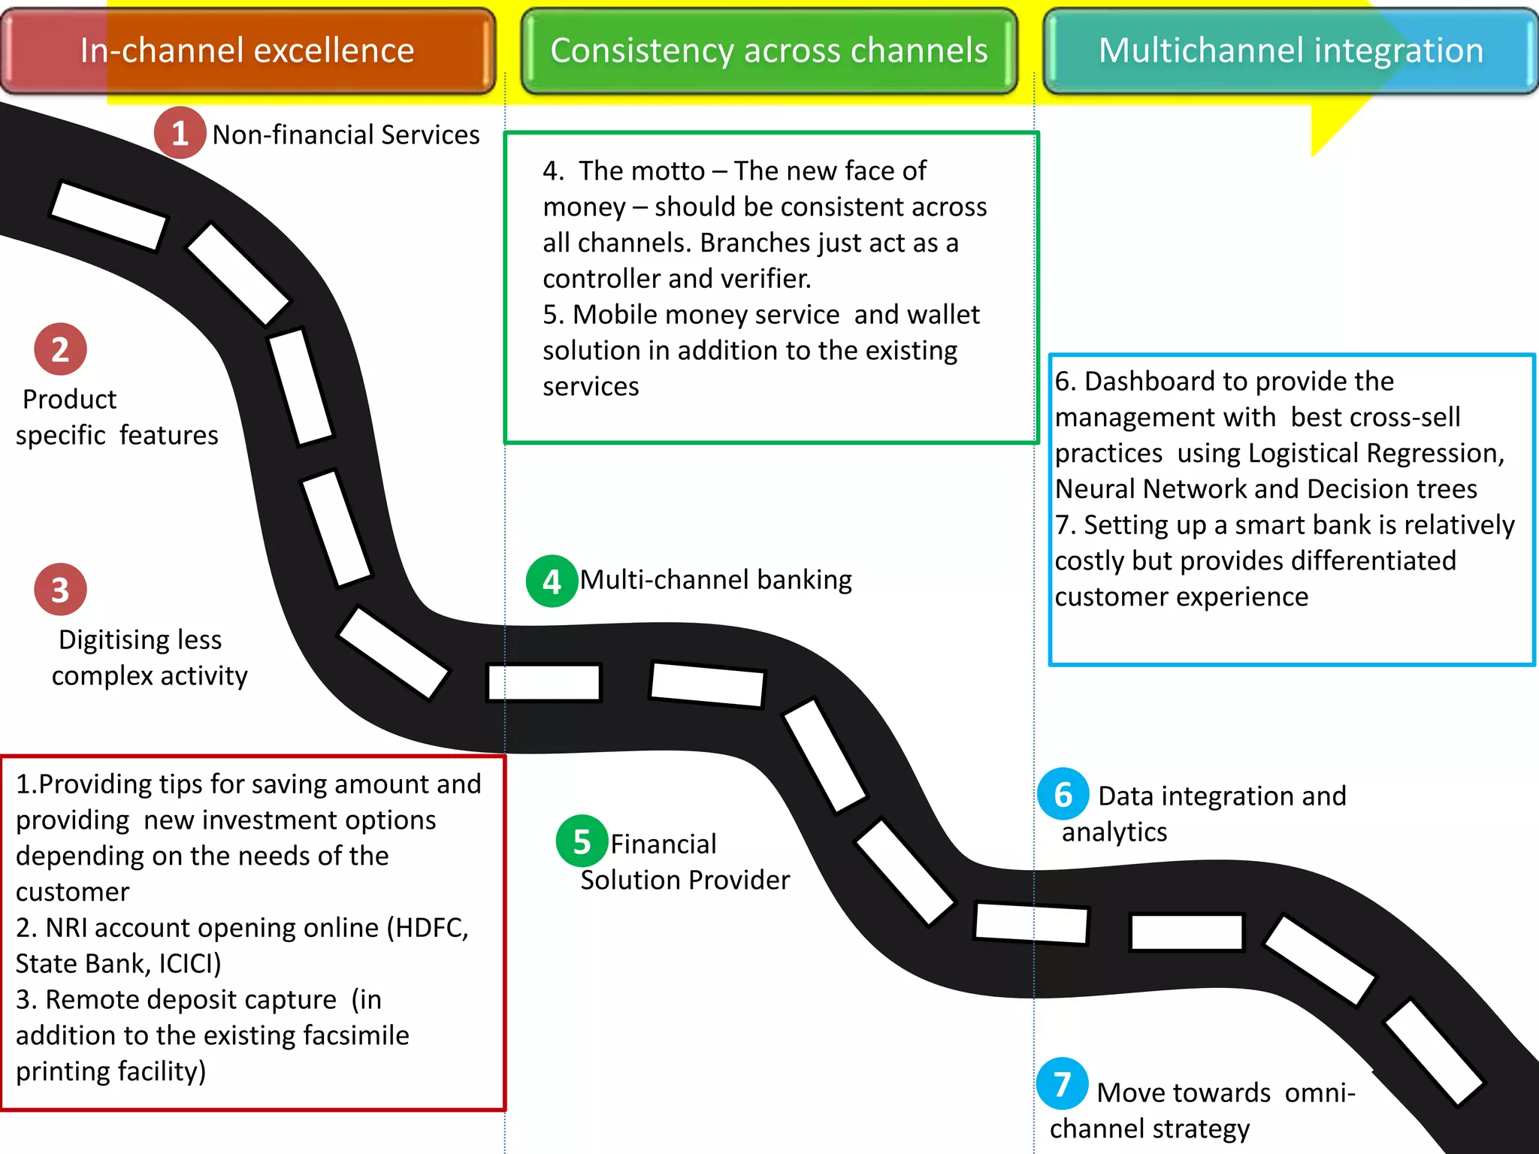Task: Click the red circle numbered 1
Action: pyautogui.click(x=180, y=133)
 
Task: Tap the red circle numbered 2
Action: pyautogui.click(x=60, y=349)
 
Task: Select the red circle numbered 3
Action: pyautogui.click(x=60, y=590)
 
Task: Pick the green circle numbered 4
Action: pyautogui.click(x=552, y=582)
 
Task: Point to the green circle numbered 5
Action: pyautogui.click(x=582, y=841)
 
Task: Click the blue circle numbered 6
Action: pyautogui.click(x=1063, y=794)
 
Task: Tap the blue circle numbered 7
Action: pyautogui.click(x=1062, y=1084)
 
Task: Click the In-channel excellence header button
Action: pyautogui.click(x=247, y=51)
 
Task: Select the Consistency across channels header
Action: pyautogui.click(x=769, y=51)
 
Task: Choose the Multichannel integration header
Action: pyautogui.click(x=1290, y=51)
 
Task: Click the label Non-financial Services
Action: pyautogui.click(x=346, y=135)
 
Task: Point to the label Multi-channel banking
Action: pyautogui.click(x=715, y=580)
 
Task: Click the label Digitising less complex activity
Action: pyautogui.click(x=149, y=657)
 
